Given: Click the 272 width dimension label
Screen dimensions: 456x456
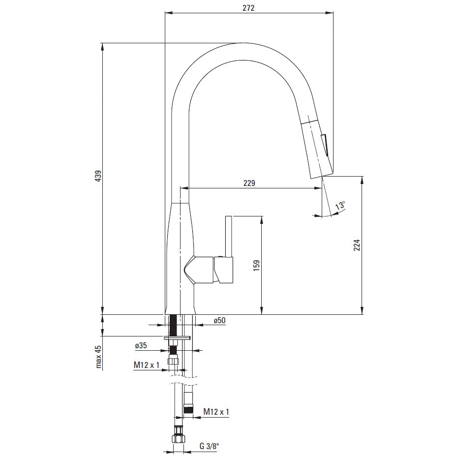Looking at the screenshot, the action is coord(248,8).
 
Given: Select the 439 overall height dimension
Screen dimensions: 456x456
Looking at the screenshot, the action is coord(99,176).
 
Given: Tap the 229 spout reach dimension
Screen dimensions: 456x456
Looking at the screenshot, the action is coord(249,183).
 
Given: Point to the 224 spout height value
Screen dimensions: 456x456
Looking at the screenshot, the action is coord(357,245).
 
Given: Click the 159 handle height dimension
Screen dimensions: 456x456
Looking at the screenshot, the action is coord(256,266).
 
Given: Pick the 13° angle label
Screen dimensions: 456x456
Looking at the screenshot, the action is coord(340,205).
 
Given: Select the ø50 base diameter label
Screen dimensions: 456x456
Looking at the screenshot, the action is coord(219,320).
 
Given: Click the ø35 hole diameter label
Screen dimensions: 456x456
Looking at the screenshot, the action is coord(141,345).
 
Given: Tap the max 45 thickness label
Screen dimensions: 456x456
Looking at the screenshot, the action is coord(99,357).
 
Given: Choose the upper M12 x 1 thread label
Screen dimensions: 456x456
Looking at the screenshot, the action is coord(147,365).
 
